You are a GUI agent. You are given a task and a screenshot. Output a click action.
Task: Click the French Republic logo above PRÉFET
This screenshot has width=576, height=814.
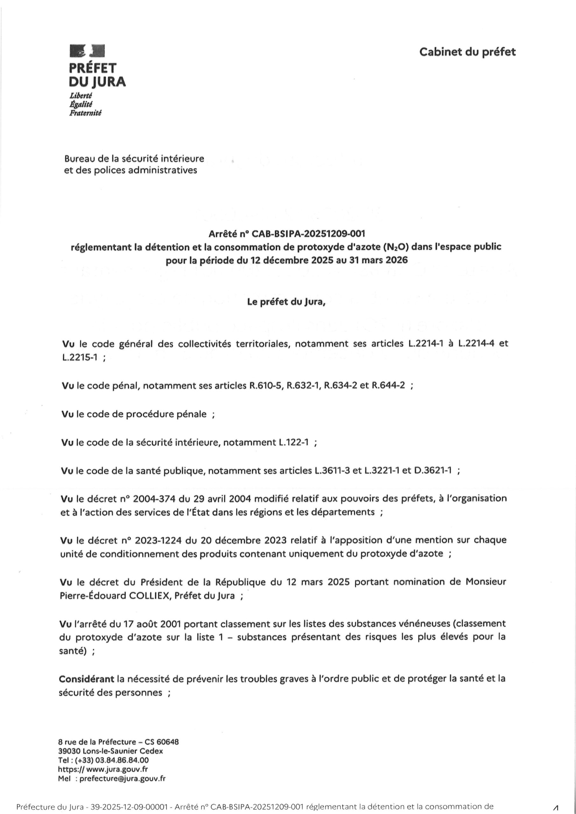(87, 51)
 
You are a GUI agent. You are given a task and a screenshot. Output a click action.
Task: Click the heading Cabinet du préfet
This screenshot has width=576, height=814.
(467, 52)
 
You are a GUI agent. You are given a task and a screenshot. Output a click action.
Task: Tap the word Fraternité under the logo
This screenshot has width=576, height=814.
(85, 113)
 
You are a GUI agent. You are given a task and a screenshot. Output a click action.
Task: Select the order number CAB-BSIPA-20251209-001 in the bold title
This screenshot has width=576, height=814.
(308, 234)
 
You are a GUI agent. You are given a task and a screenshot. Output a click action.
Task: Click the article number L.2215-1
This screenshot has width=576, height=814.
(80, 358)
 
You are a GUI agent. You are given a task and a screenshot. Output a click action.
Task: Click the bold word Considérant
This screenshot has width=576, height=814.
(87, 679)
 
